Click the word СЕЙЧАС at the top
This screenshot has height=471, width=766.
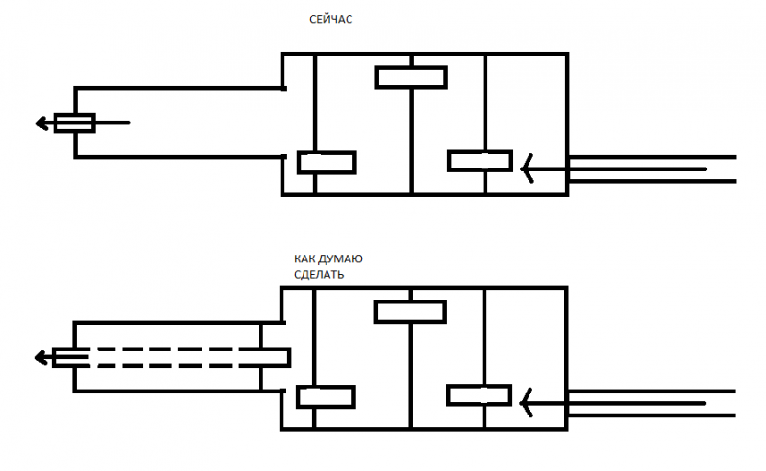(x=330, y=19)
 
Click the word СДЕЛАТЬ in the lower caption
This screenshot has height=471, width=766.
(x=319, y=275)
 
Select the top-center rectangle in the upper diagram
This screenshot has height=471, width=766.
(x=412, y=78)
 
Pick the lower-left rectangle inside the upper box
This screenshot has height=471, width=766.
(x=327, y=163)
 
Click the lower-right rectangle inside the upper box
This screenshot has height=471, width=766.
(x=481, y=161)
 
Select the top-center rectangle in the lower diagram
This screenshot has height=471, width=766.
(x=411, y=312)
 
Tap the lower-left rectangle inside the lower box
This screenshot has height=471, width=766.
(x=326, y=396)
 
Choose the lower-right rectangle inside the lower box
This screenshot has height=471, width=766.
(x=480, y=395)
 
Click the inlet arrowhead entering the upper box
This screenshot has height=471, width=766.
(x=527, y=168)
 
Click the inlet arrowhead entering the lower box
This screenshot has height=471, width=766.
(x=526, y=403)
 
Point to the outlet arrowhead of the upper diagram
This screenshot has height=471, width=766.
(x=42, y=123)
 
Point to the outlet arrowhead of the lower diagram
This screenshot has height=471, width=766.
(x=41, y=358)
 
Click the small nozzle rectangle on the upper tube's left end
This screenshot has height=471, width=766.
(x=75, y=123)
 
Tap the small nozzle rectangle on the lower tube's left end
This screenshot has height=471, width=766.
(x=71, y=358)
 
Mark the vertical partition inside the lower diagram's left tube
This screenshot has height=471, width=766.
(x=260, y=357)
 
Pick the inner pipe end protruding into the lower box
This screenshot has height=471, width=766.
(x=276, y=357)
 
